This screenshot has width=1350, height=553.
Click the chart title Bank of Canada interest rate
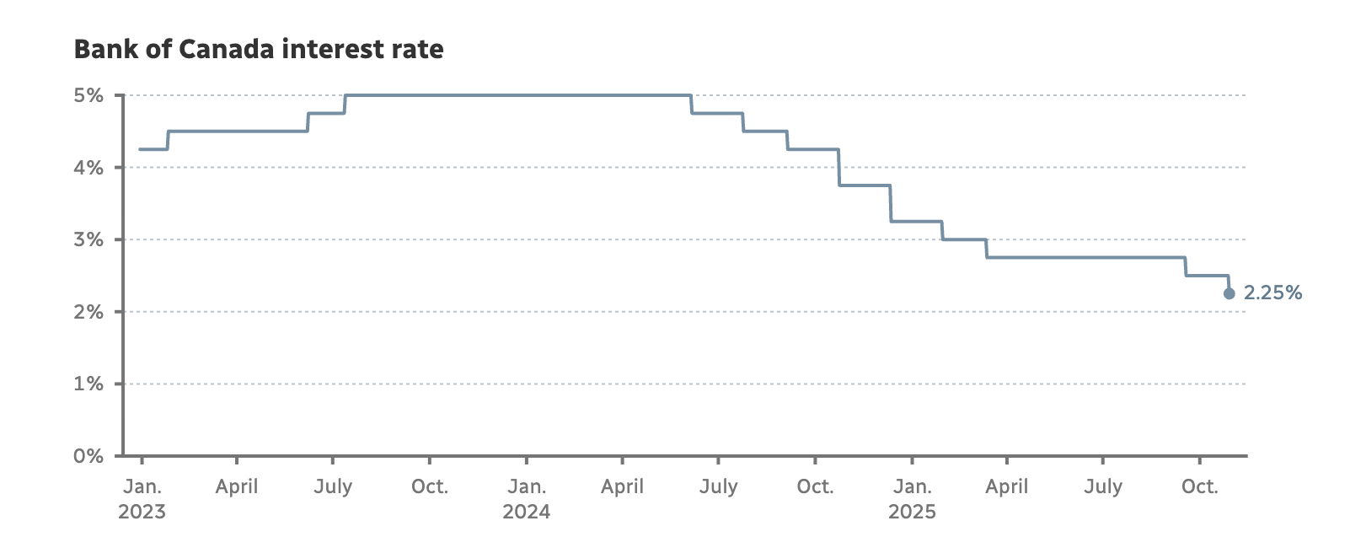[x=259, y=50]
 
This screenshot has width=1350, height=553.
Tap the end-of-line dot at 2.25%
[x=1229, y=293]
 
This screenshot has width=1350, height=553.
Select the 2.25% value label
[x=1272, y=293]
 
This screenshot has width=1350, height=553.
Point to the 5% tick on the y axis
[x=88, y=95]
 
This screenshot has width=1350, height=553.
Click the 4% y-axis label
[x=88, y=168]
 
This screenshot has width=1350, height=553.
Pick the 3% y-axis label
[x=88, y=239]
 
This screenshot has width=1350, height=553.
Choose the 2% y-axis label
[x=88, y=312]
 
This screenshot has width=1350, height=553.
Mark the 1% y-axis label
[x=88, y=384]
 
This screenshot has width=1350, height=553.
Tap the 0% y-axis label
[x=88, y=456]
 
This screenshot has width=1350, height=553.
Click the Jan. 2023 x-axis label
[x=142, y=498]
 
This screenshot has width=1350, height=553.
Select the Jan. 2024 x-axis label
[x=527, y=498]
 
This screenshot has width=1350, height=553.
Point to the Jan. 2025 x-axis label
[x=912, y=498]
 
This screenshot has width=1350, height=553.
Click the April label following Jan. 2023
[x=237, y=486]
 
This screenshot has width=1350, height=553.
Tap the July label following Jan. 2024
[x=718, y=486]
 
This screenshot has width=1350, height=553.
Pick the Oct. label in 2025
[x=1199, y=486]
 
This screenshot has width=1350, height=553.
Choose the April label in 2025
[x=1007, y=486]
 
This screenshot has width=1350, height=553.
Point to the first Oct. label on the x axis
[x=430, y=486]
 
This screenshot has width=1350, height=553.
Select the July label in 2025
[x=1103, y=486]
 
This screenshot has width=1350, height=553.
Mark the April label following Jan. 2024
[x=623, y=486]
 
